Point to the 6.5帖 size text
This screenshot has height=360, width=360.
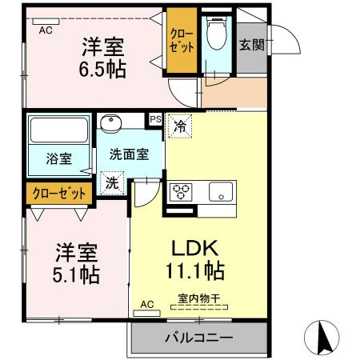(102, 69)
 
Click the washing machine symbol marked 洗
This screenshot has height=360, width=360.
(111, 182)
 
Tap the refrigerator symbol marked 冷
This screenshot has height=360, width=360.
(180, 126)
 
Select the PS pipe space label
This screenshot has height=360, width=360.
(156, 119)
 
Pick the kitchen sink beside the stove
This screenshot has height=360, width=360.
(220, 192)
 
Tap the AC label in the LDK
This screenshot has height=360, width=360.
(146, 305)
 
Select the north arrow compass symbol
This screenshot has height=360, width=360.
(323, 337)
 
